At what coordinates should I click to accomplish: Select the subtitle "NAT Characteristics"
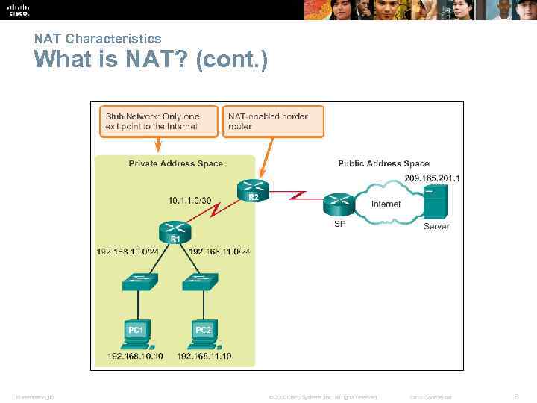pyautogui.click(x=98, y=38)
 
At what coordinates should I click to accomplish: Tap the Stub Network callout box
pyautogui.click(x=159, y=122)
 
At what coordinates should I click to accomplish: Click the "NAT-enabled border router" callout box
pyautogui.click(x=274, y=122)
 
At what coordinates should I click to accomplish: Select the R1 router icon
pyautogui.click(x=175, y=232)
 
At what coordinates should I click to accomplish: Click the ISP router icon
pyautogui.click(x=339, y=204)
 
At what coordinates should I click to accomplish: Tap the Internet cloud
pyautogui.click(x=385, y=203)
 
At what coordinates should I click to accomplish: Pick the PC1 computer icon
pyautogui.click(x=136, y=333)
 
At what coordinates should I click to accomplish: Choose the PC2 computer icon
pyautogui.click(x=203, y=333)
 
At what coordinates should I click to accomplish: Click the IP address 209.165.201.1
pyautogui.click(x=432, y=178)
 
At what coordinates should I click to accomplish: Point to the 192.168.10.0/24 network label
pyautogui.click(x=128, y=252)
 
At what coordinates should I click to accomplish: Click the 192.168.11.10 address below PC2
pyautogui.click(x=204, y=356)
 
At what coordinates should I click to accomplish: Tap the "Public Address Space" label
pyautogui.click(x=383, y=163)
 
